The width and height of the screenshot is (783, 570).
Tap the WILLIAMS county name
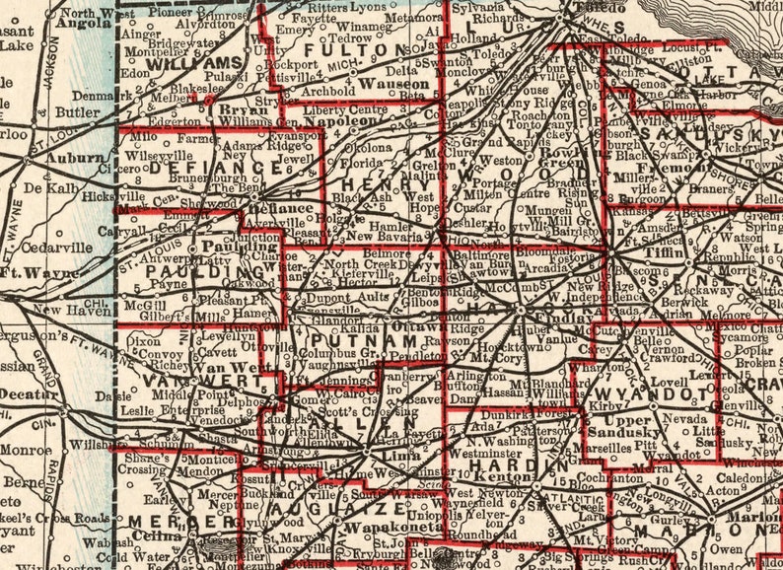(x=181, y=64)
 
